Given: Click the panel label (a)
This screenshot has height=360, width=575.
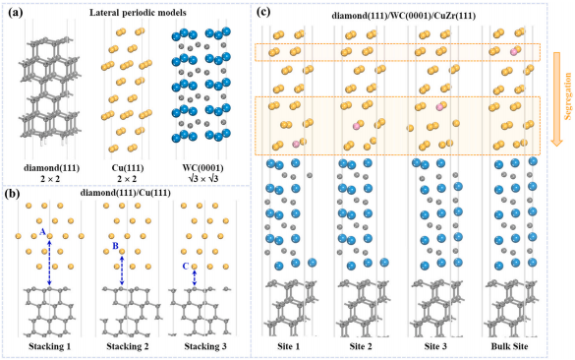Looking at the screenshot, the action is [x=16, y=13].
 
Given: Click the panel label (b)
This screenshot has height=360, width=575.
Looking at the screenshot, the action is [x=13, y=194].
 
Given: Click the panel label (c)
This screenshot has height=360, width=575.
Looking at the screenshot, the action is [x=263, y=12].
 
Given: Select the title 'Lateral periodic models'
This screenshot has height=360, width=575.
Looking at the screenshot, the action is [x=138, y=13].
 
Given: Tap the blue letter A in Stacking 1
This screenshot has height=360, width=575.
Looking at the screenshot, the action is [x=42, y=232].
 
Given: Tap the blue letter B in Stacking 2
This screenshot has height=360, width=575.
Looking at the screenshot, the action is [x=115, y=246].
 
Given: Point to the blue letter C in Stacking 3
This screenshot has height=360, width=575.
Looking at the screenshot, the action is [x=185, y=266].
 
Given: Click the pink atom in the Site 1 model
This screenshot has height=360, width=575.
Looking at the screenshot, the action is [x=296, y=145].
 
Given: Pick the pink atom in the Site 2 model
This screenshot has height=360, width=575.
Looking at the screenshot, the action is [x=356, y=126].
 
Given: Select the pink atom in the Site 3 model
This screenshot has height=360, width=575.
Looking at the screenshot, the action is [x=439, y=107].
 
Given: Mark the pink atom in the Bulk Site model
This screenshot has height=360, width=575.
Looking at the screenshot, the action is [x=514, y=52].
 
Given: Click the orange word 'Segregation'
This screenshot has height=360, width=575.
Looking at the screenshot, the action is [x=568, y=96].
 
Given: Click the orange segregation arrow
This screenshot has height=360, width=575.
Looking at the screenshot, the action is [x=556, y=99].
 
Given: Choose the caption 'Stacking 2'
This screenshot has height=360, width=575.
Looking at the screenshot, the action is [x=128, y=346].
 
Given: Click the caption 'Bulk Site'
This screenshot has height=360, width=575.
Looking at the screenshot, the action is [x=510, y=346].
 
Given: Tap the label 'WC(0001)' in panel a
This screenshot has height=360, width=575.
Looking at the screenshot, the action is [x=202, y=168].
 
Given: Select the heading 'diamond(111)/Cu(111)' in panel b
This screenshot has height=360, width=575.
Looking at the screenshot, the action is [x=126, y=192].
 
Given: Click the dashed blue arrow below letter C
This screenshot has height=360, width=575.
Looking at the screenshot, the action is [x=195, y=278].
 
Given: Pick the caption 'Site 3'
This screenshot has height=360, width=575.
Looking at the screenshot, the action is [x=435, y=346].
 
